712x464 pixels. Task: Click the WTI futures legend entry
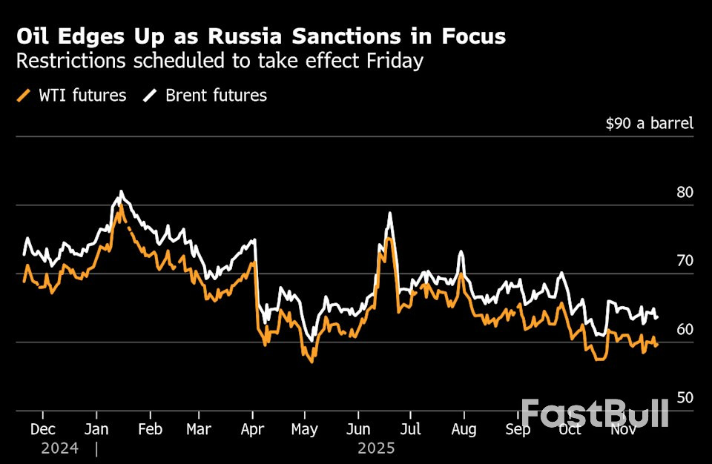point(71,96)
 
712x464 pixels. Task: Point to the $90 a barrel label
point(649,123)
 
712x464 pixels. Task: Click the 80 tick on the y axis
point(685,192)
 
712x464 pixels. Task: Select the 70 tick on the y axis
point(685,261)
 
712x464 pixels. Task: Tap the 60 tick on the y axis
point(685,329)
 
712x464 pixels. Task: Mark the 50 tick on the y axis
point(685,398)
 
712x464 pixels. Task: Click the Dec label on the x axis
point(42,430)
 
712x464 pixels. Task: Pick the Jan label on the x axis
point(97,430)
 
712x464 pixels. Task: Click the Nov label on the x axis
point(621,430)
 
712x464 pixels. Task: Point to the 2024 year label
point(59,448)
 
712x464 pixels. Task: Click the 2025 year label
point(376,448)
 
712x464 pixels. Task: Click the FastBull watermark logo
point(594,413)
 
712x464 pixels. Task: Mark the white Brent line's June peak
point(389,213)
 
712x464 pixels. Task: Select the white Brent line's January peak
point(121,192)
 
